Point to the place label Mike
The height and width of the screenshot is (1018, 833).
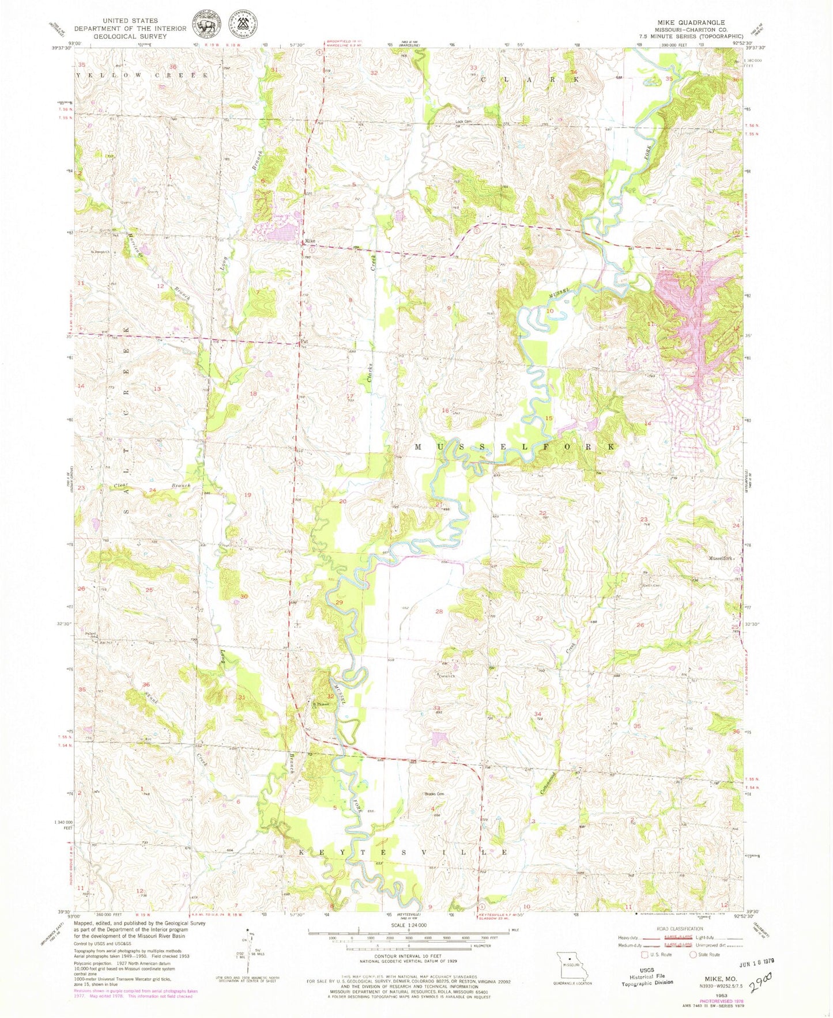point(310,242)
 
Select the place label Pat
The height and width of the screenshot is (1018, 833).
point(303,340)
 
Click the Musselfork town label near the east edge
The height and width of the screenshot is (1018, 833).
point(721,558)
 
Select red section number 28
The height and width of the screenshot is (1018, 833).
point(439,611)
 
